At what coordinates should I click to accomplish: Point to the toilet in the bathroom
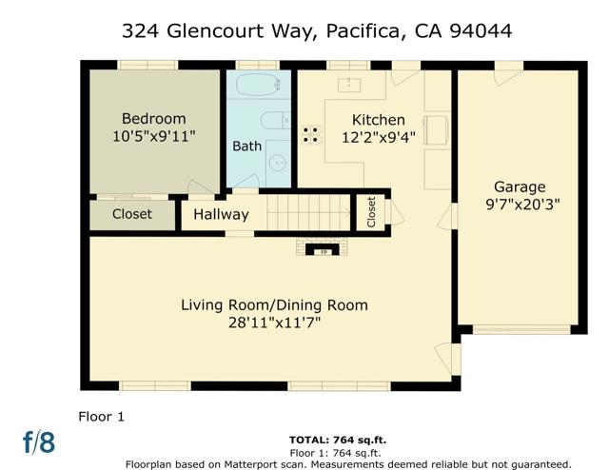click(x=274, y=121)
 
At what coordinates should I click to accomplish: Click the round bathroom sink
click(x=277, y=163)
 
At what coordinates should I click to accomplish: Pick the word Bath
click(x=246, y=147)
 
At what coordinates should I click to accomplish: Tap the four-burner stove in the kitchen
click(x=310, y=134)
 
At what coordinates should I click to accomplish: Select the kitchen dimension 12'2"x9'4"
click(x=379, y=137)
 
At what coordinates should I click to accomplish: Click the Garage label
click(x=519, y=186)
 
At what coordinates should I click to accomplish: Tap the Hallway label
click(x=221, y=215)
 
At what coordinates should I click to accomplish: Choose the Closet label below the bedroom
click(x=131, y=214)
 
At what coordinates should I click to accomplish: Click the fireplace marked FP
click(x=324, y=251)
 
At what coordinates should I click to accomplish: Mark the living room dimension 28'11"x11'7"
click(x=274, y=323)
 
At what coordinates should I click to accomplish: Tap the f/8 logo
click(x=39, y=442)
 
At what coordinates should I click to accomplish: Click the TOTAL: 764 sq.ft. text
click(x=338, y=441)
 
